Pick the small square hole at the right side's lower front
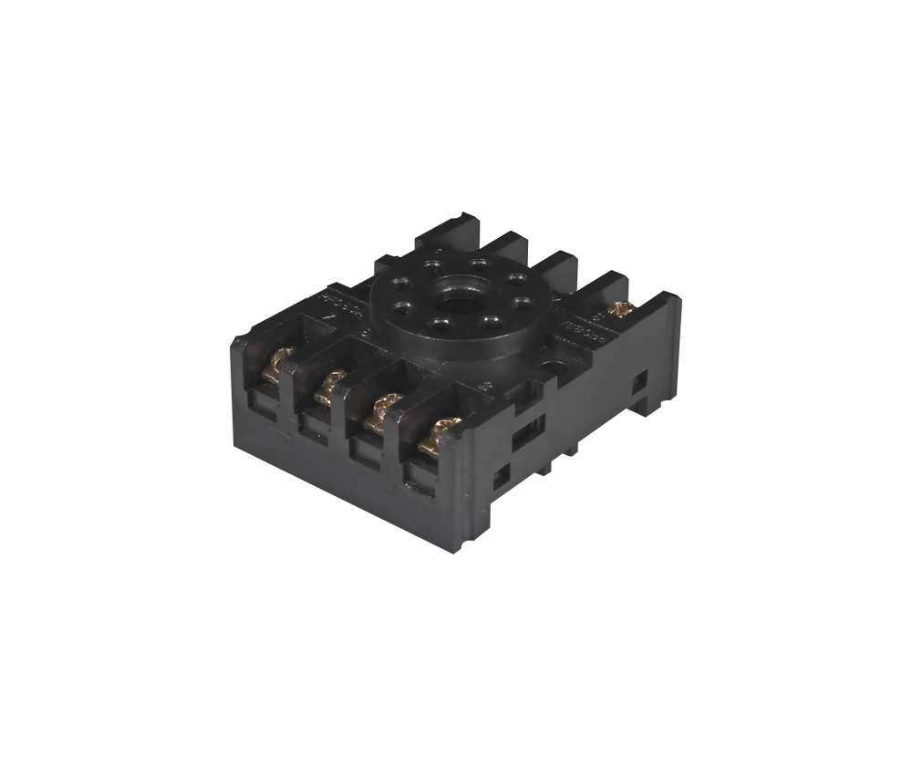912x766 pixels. pyautogui.click(x=501, y=478)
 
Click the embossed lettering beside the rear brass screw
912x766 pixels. pyautogui.click(x=585, y=332)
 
